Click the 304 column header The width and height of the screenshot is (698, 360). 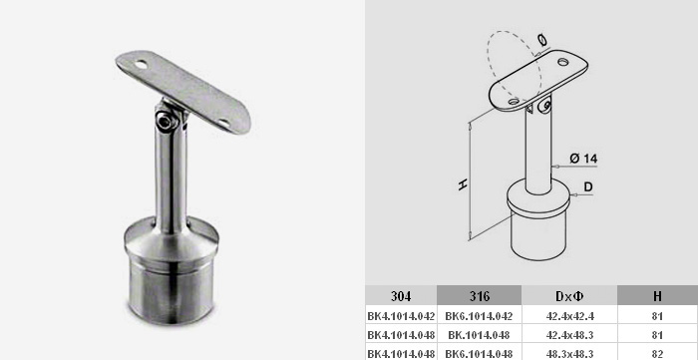tap(401, 296)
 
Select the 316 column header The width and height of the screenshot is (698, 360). tap(479, 296)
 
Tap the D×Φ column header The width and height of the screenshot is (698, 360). tap(569, 296)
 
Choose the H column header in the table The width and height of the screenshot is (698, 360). tap(657, 296)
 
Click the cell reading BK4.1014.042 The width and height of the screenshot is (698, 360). tap(401, 316)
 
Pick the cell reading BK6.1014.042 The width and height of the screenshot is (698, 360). tap(479, 316)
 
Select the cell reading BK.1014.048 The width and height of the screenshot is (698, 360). tap(479, 335)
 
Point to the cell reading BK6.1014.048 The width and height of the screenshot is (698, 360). tap(479, 353)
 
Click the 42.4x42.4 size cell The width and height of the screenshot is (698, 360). tap(569, 316)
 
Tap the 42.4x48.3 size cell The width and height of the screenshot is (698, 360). tap(569, 335)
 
